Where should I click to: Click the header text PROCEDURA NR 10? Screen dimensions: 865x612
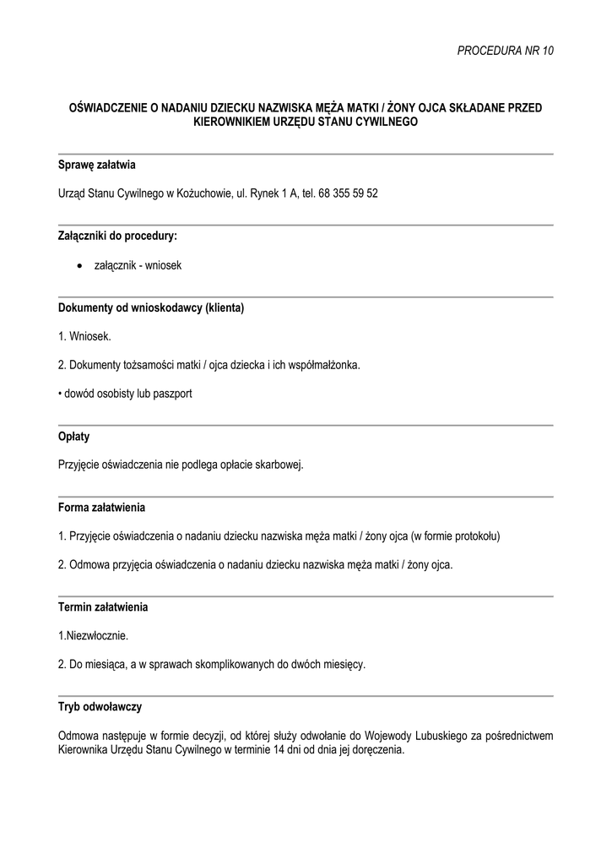click(x=506, y=51)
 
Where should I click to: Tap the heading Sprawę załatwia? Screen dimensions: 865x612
click(x=97, y=165)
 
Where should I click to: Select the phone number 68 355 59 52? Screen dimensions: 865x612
click(x=349, y=193)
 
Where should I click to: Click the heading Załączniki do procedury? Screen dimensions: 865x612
click(x=117, y=236)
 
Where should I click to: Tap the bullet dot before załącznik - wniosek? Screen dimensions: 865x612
click(x=79, y=265)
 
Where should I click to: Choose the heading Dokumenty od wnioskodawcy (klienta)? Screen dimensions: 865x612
click(x=151, y=307)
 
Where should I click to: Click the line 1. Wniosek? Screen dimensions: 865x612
click(x=84, y=336)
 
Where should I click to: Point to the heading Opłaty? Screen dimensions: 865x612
click(x=74, y=437)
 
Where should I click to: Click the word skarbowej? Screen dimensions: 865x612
click(x=280, y=465)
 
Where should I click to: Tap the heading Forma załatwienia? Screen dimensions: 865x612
click(x=102, y=508)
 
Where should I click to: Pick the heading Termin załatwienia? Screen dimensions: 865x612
click(x=104, y=607)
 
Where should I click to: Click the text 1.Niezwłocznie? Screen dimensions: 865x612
click(x=94, y=636)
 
